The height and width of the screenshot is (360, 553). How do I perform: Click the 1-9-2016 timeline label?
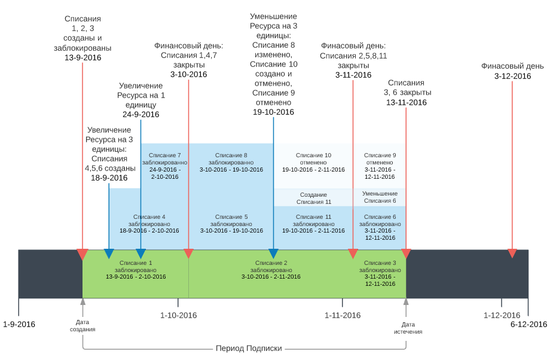19,325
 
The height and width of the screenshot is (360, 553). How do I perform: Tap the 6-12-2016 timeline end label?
528,325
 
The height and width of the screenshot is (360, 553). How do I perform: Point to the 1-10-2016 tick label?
178,315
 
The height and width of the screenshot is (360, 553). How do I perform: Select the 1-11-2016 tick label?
343,315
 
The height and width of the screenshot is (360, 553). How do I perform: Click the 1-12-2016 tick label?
502,315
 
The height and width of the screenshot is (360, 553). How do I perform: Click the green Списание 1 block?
136,270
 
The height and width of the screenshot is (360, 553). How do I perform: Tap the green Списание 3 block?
380,273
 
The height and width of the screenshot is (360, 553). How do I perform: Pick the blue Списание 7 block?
164,166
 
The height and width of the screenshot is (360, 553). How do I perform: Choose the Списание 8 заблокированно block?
231,162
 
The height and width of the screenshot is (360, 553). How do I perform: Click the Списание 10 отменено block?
313,162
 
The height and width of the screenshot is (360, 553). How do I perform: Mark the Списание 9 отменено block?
380,166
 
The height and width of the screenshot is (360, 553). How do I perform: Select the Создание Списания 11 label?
313,198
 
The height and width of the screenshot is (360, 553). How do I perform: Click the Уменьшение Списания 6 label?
380,197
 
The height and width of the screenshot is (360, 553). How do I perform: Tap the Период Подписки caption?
248,349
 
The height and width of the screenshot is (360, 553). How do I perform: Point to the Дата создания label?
83,326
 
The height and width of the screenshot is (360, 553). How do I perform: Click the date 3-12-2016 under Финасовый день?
512,76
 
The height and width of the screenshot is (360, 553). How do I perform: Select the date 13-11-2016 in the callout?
406,102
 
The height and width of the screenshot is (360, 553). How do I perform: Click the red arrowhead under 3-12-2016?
512,254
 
